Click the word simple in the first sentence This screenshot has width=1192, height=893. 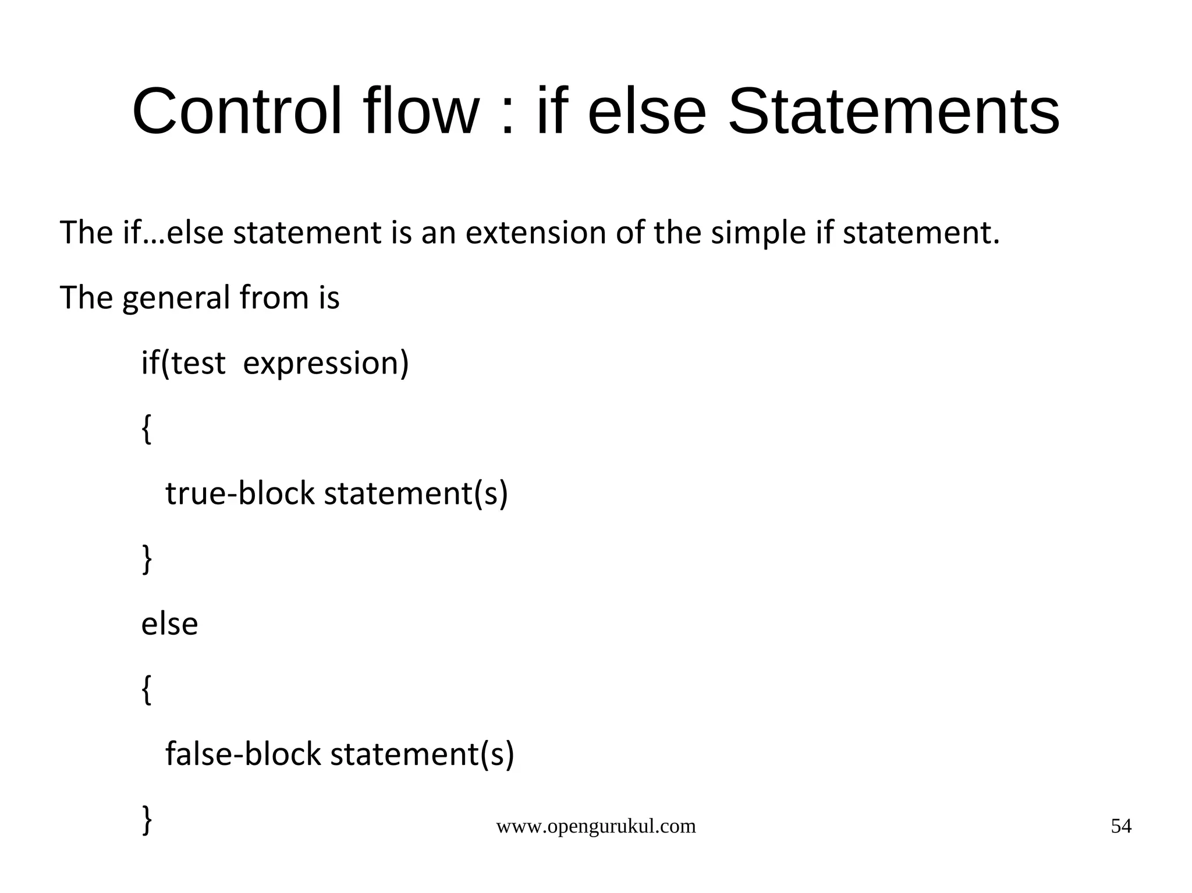point(758,234)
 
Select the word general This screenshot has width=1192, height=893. point(176,299)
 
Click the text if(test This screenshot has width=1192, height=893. point(183,364)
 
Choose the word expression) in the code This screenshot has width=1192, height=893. point(326,365)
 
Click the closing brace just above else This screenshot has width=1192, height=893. point(147,559)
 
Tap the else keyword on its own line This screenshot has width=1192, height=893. point(169,624)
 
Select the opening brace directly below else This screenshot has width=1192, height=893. point(147,690)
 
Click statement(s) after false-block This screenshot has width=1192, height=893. point(422,755)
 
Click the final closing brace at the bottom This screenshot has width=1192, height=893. point(147,820)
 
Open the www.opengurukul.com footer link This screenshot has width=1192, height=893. point(595,826)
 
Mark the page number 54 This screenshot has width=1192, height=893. point(1121,826)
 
